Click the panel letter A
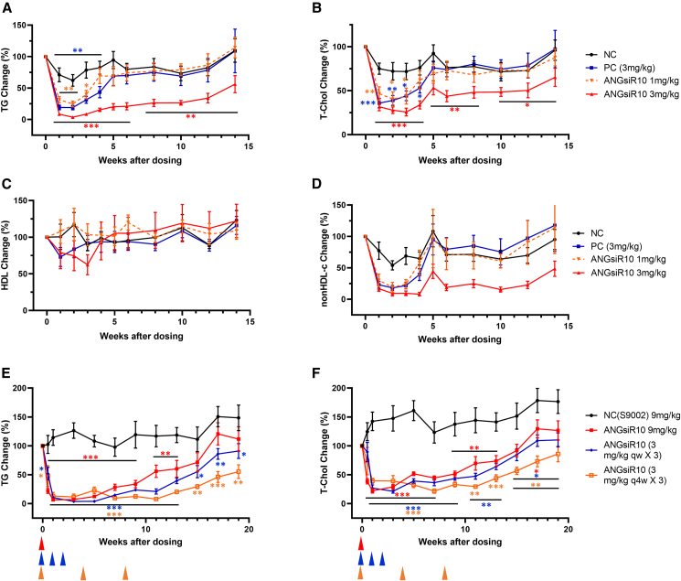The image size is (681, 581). (x=7, y=7)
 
